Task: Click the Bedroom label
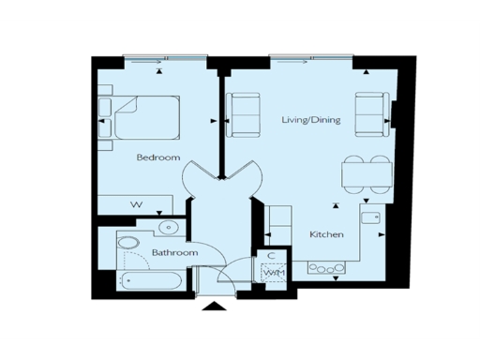pos(157,157)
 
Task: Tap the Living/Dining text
pos(311,120)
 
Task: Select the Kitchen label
pos(326,234)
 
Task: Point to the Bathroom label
pos(174,253)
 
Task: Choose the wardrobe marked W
pos(136,204)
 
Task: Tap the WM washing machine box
pos(274,272)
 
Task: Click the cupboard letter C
pos(270,255)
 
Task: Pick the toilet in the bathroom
pos(128,248)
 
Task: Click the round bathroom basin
pos(169,227)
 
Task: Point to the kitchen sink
pos(370,217)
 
